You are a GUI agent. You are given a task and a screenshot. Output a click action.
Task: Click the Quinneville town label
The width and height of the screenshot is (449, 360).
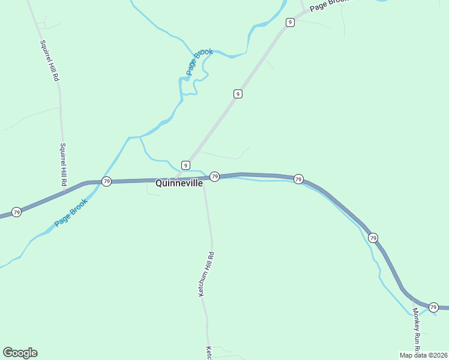(x=179, y=184)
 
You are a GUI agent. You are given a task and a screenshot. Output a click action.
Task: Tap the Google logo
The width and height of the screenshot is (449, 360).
(x=20, y=353)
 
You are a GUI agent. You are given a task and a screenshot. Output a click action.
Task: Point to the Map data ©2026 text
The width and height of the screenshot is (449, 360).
(x=424, y=355)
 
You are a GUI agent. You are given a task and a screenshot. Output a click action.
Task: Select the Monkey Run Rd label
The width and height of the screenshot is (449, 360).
(x=415, y=329)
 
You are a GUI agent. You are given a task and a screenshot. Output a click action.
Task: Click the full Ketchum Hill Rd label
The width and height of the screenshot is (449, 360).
(x=206, y=274)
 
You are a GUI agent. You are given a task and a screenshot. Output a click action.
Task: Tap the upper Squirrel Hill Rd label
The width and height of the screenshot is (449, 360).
(x=49, y=60)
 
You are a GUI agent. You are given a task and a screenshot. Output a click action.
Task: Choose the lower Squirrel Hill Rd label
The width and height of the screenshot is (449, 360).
(x=63, y=163)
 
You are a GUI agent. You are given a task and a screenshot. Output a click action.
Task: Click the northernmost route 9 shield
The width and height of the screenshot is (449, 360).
(x=291, y=22)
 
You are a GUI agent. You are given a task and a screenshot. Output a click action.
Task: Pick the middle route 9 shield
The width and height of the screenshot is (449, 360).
(x=238, y=94)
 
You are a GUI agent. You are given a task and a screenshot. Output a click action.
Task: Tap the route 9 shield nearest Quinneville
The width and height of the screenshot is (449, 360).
(x=185, y=165)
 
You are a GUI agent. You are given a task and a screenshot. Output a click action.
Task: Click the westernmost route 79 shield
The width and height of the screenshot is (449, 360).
(x=17, y=212)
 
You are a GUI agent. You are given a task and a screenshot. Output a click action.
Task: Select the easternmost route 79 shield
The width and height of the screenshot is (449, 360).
(x=433, y=307)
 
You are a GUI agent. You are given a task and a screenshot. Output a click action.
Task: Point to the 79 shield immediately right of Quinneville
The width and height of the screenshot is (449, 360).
(x=214, y=176)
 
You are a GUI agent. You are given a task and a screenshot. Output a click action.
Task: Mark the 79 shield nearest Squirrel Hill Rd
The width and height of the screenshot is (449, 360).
(x=106, y=181)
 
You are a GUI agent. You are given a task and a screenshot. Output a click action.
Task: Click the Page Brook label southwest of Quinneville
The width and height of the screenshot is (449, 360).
(x=71, y=212)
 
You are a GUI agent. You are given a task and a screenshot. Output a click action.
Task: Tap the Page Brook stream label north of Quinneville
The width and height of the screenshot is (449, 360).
(x=199, y=62)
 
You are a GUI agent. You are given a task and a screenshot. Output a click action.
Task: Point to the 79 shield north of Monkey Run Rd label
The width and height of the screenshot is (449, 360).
(x=373, y=238)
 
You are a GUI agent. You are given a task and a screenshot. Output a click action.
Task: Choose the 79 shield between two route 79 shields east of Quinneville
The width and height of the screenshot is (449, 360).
(x=298, y=179)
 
